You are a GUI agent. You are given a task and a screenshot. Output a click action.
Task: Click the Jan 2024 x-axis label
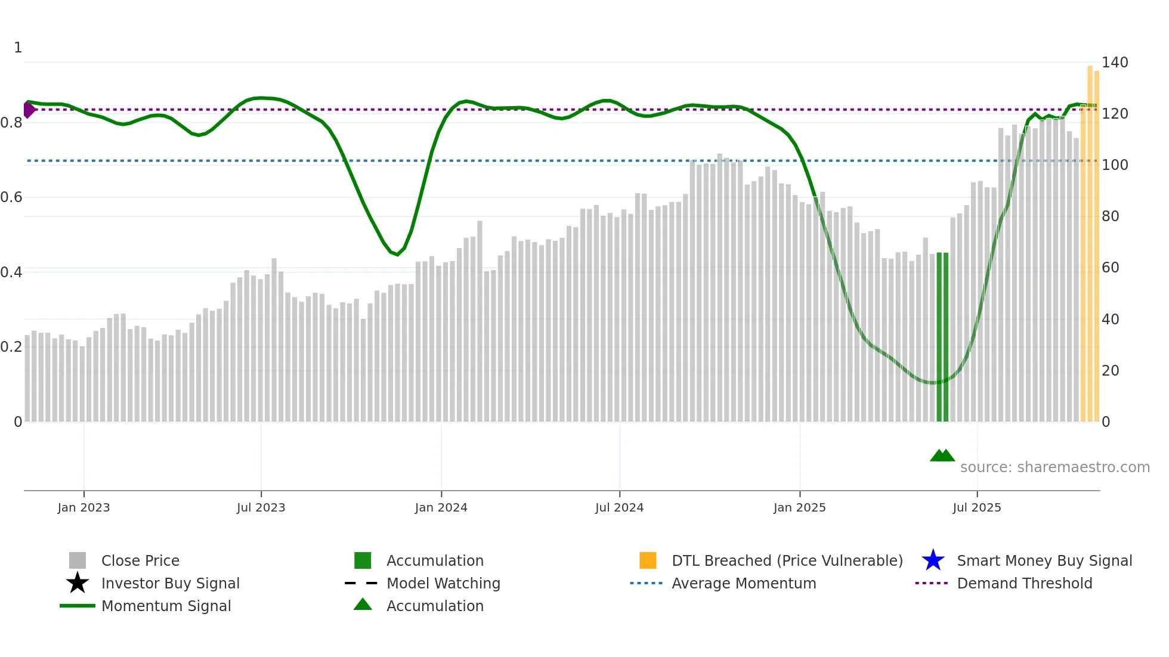click(441, 507)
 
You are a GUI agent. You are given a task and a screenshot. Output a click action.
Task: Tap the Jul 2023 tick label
click(261, 507)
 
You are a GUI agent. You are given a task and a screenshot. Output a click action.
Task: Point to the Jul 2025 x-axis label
click(976, 507)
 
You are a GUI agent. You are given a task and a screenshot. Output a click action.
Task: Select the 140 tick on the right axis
click(1114, 63)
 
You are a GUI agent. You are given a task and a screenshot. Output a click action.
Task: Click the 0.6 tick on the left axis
click(11, 197)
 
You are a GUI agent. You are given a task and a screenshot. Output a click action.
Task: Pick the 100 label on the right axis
click(1114, 165)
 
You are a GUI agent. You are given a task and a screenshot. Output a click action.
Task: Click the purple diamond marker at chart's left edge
click(29, 110)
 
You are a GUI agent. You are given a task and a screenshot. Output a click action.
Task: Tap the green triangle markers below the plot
click(942, 455)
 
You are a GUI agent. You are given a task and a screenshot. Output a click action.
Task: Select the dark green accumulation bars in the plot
click(942, 337)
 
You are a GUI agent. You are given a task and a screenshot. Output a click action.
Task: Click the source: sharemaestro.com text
click(1054, 467)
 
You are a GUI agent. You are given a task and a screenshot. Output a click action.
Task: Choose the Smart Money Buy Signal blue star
click(933, 560)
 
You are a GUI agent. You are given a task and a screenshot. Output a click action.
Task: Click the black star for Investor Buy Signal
click(78, 583)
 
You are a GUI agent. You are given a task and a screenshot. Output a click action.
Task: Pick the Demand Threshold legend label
click(1024, 583)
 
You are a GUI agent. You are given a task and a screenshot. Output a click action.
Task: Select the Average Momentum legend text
click(743, 583)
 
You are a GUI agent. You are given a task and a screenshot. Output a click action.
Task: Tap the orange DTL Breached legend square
click(648, 560)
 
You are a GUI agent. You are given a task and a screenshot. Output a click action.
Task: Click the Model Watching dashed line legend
click(361, 583)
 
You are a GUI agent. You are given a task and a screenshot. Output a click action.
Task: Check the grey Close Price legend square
click(78, 560)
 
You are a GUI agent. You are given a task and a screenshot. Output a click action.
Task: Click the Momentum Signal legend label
click(166, 606)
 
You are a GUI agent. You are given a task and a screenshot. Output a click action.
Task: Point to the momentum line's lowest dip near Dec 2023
click(397, 255)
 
